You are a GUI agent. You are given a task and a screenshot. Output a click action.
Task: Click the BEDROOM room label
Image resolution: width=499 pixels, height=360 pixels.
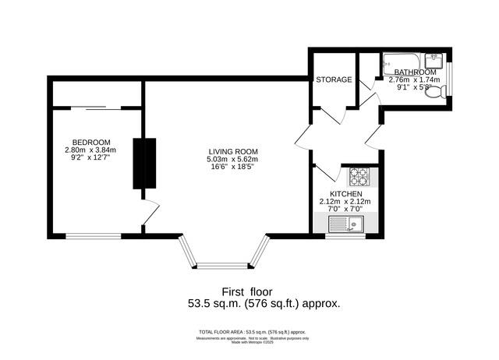pyautogui.click(x=90, y=142)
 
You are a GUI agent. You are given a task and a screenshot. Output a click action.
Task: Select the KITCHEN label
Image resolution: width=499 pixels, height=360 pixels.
pyautogui.click(x=345, y=193)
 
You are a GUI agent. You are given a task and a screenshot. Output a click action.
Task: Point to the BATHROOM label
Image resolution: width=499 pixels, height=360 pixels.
pyautogui.click(x=415, y=72)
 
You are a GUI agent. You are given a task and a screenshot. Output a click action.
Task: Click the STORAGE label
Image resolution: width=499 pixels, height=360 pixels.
pyautogui.click(x=334, y=79)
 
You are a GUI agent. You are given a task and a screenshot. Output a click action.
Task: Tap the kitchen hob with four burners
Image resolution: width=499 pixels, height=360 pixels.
pyautogui.click(x=361, y=177)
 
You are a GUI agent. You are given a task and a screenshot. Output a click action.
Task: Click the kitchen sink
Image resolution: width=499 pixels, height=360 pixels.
pyautogui.click(x=352, y=225)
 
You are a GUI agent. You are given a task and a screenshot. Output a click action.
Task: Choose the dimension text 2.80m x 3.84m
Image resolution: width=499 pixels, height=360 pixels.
pyautogui.click(x=90, y=150)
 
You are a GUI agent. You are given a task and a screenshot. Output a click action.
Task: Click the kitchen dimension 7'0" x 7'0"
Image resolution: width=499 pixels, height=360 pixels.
pyautogui.click(x=345, y=209)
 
